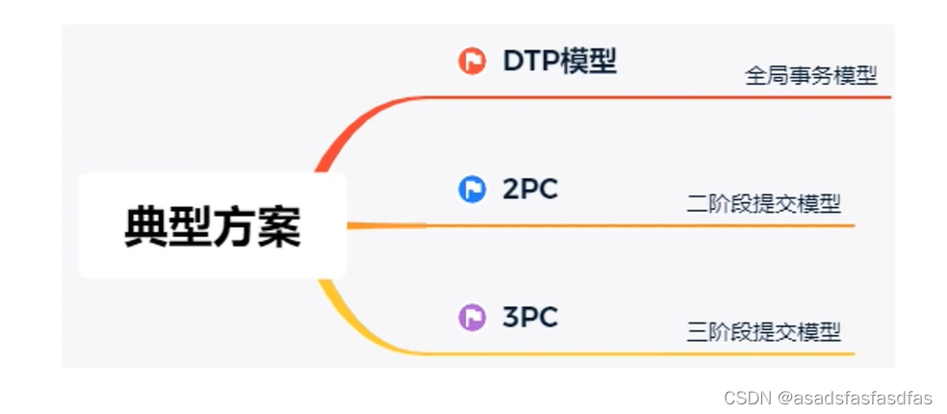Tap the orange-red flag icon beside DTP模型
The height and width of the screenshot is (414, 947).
[x=472, y=62]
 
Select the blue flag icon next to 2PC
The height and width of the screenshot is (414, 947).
[x=472, y=190]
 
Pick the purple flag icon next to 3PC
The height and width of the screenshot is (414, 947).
[x=472, y=317]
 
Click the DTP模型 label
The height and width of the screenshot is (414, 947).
[x=559, y=62]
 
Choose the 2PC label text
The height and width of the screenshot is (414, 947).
[x=529, y=190]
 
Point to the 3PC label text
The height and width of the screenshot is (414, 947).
[x=529, y=317]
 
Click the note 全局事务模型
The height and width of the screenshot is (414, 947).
[x=810, y=76]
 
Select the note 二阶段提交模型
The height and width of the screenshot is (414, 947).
[x=763, y=204]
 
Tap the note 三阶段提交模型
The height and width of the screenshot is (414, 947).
[x=763, y=332]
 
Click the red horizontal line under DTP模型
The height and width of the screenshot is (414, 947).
[x=654, y=97]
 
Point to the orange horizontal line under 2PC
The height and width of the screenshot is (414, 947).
[x=635, y=225]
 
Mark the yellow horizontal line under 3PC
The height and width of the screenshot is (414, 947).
[x=635, y=354]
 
